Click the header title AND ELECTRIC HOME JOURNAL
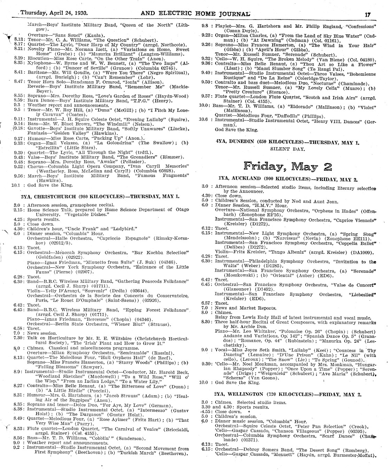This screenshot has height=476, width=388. pos(195,14)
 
